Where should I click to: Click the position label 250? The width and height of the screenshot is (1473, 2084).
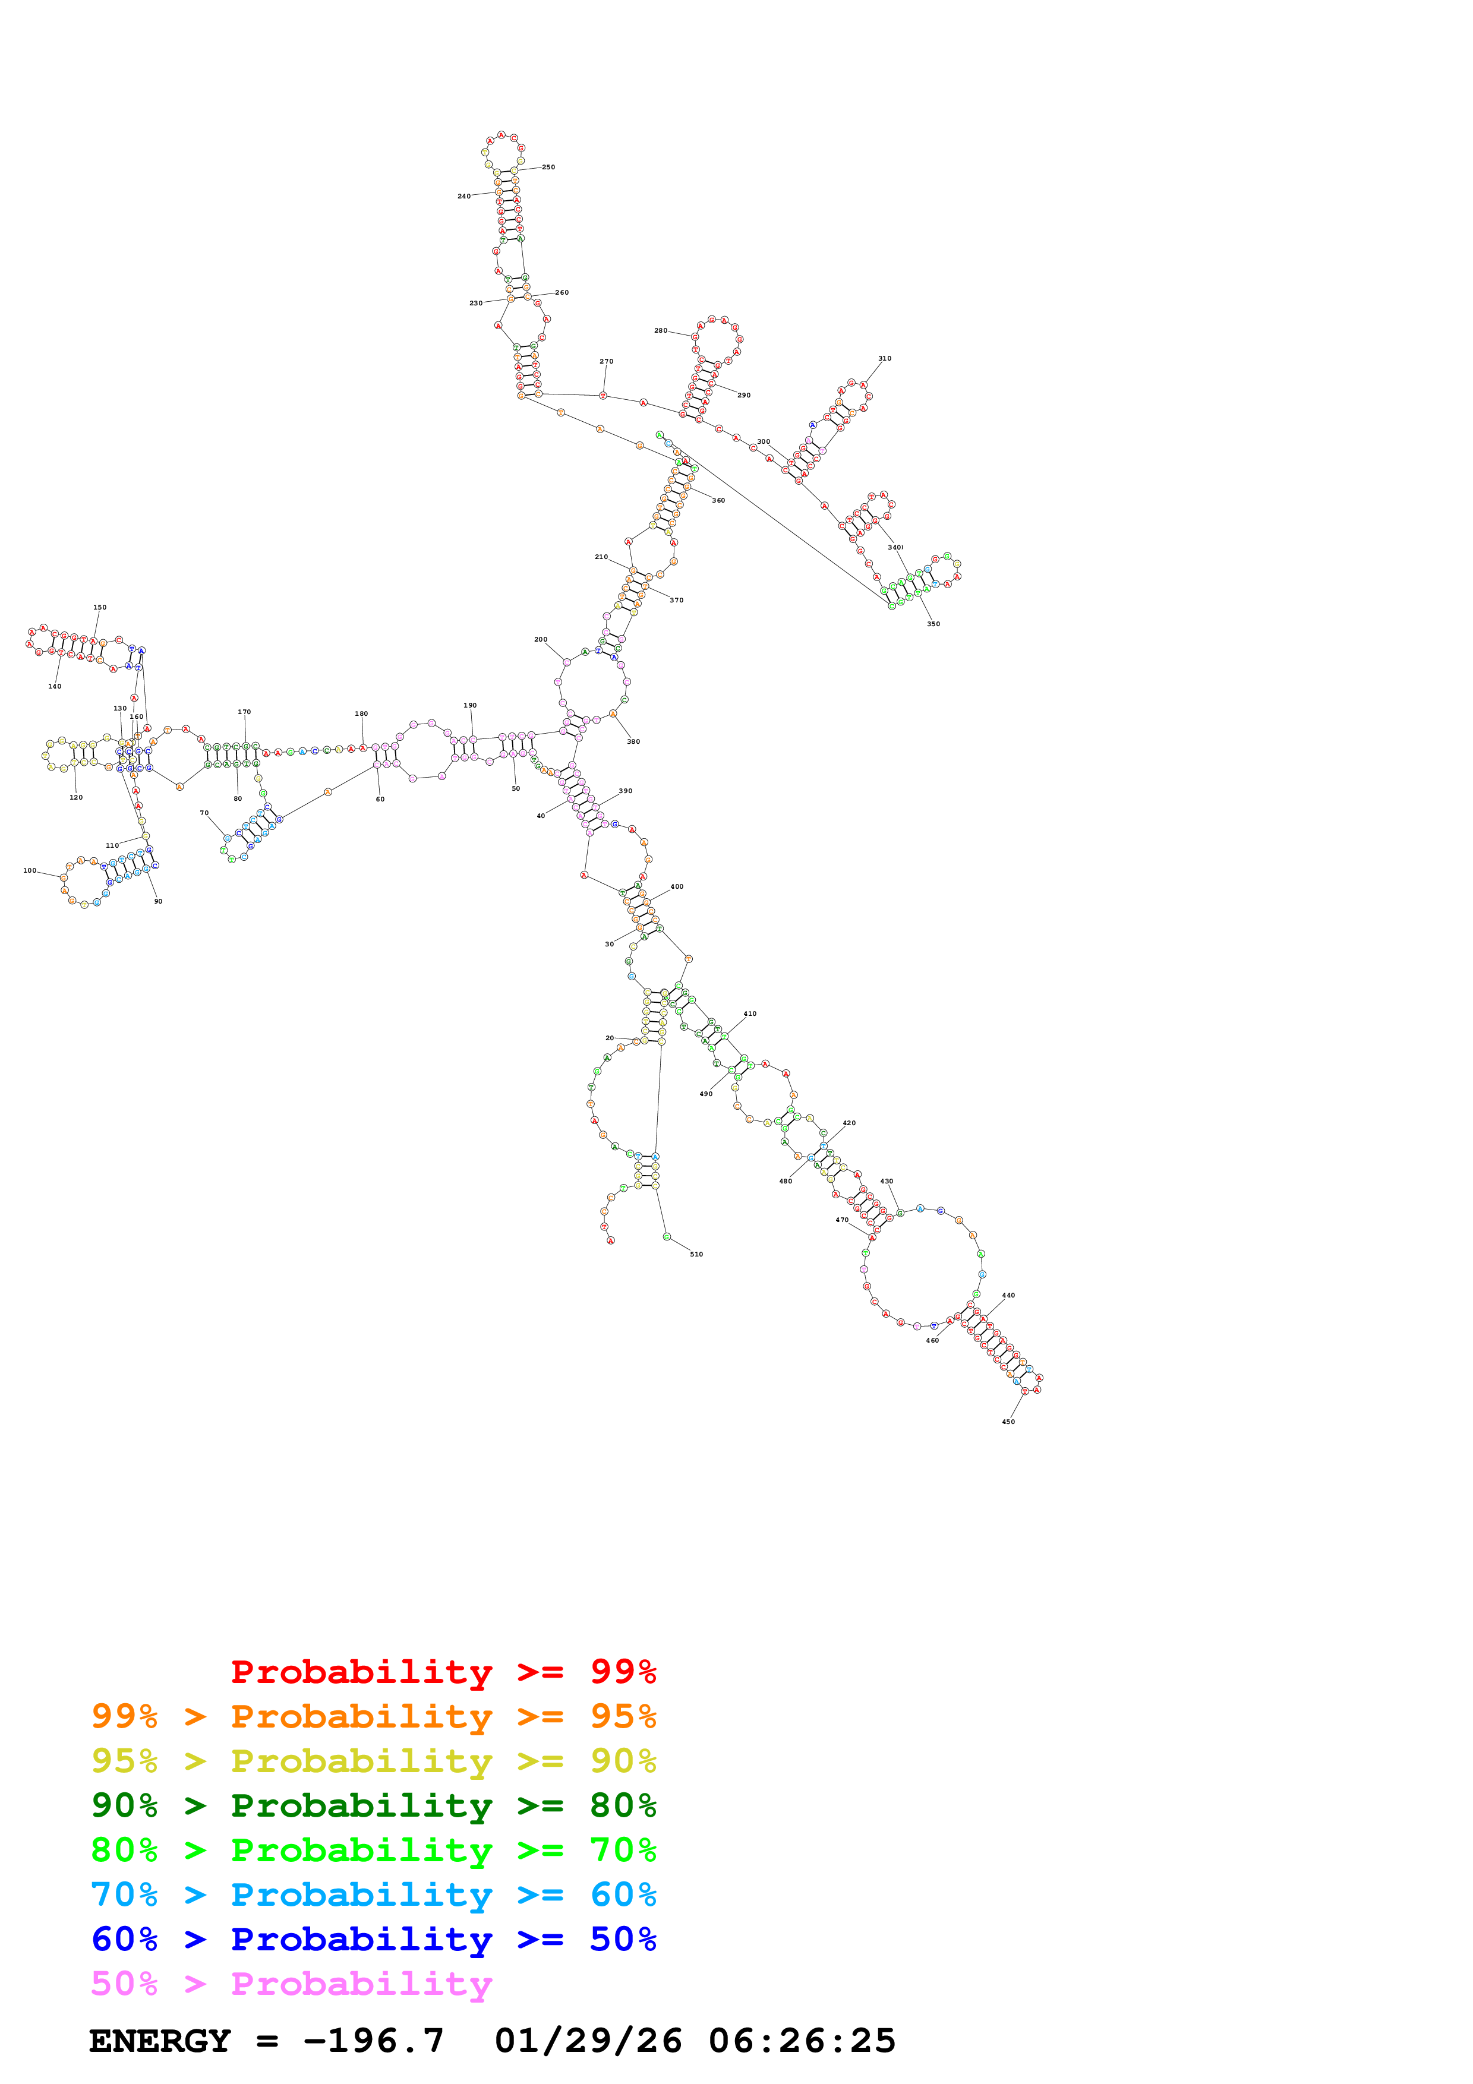pyautogui.click(x=548, y=167)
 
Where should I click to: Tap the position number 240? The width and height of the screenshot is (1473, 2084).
pyautogui.click(x=464, y=196)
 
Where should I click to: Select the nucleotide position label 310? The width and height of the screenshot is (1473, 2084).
pyautogui.click(x=884, y=359)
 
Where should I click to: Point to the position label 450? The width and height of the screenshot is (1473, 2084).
pyautogui.click(x=1008, y=1422)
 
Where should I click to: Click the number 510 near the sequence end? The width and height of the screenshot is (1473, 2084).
pyautogui.click(x=696, y=1255)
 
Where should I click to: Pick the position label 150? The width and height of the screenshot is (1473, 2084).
pyautogui.click(x=100, y=607)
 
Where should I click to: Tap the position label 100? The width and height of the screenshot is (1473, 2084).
pyautogui.click(x=30, y=870)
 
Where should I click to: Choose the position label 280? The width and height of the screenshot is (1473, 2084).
pyautogui.click(x=661, y=330)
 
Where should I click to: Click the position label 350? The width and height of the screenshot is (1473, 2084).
pyautogui.click(x=933, y=624)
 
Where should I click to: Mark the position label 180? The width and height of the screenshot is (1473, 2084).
pyautogui.click(x=361, y=713)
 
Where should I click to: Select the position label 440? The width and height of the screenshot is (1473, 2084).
pyautogui.click(x=1008, y=1295)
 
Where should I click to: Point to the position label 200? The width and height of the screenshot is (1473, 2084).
pyautogui.click(x=541, y=639)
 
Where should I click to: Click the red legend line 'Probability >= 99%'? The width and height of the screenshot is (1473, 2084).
pyautogui.click(x=443, y=1671)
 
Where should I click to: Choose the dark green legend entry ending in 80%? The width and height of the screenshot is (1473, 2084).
pyautogui.click(x=374, y=1805)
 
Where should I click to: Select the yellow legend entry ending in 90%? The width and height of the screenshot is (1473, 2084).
pyautogui.click(x=374, y=1761)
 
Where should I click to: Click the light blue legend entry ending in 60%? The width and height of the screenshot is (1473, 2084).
pyautogui.click(x=374, y=1894)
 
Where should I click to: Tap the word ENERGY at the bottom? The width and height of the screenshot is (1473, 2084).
pyautogui.click(x=160, y=2041)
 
